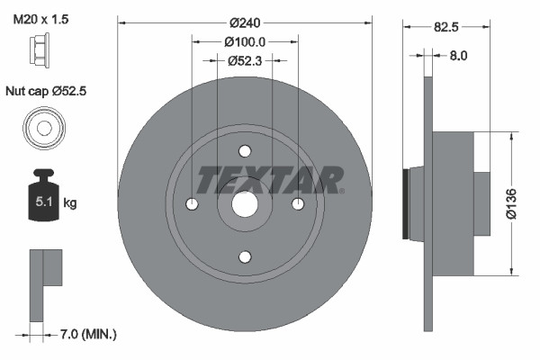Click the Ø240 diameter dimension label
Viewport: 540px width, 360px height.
(245, 22)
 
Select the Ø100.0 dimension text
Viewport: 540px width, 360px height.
(245, 41)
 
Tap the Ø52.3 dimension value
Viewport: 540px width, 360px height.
(245, 61)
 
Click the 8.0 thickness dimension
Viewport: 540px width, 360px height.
(458, 55)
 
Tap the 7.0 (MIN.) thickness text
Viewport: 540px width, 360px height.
(87, 334)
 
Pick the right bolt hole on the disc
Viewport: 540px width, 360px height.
(297, 204)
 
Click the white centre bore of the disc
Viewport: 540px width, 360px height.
(245, 204)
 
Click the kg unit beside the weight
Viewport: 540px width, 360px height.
(70, 203)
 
